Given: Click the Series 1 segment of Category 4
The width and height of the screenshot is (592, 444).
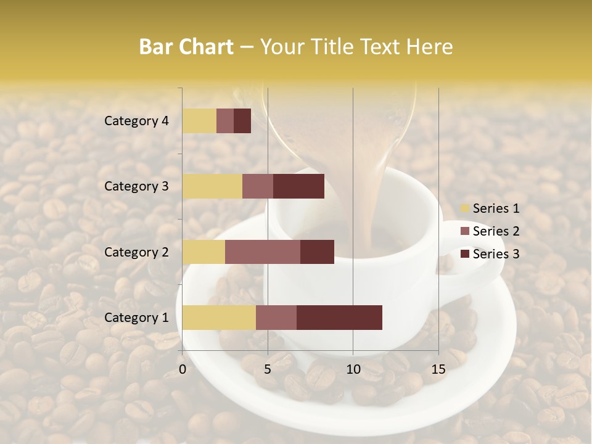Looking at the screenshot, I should coord(199,121).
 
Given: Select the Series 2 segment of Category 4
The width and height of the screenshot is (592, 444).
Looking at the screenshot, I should coord(225,121).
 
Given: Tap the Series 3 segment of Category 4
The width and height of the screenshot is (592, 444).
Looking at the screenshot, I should coord(242,121).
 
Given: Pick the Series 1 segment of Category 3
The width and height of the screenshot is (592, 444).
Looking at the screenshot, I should coord(212,186).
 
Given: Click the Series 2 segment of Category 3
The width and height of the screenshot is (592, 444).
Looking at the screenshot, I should coord(258,186).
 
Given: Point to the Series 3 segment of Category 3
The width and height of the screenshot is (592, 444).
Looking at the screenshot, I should coord(298,186).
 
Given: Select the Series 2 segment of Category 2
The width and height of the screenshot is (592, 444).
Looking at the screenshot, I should coord(263,252).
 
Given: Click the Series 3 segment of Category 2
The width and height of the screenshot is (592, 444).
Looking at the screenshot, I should coord(317,252).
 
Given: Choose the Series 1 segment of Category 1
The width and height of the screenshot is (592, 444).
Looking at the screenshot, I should coord(219,318).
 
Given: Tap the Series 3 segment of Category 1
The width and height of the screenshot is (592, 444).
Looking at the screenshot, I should coord(339,318).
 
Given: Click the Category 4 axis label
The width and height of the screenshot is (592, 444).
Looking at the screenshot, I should coord(136,121).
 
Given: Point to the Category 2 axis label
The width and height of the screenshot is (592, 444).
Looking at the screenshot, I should coord(136,252).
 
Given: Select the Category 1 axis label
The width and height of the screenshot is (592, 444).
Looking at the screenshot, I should coord(136,318).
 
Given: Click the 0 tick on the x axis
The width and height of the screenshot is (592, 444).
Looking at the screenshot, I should coord(183,369).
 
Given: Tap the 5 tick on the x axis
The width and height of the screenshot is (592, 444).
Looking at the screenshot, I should coord(268,369).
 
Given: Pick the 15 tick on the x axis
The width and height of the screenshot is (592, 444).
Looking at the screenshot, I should coord(438,369).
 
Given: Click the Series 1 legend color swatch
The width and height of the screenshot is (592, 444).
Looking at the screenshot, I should coord(464,208).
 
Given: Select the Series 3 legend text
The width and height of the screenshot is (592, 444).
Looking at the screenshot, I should coord(496,254).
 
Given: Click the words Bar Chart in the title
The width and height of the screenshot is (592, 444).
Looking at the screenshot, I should coord(186,47).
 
